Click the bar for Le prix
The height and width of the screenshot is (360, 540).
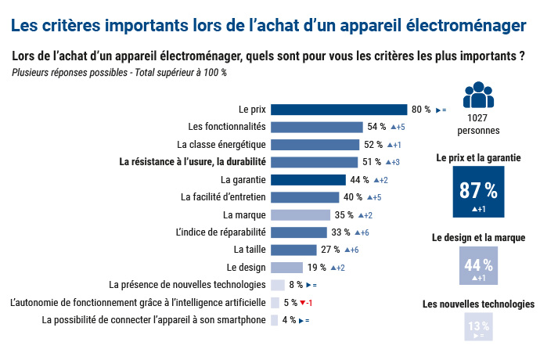point(339,110)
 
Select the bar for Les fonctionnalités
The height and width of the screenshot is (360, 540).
point(317,127)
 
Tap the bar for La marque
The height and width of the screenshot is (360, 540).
point(300,215)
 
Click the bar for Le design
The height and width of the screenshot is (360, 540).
point(286,268)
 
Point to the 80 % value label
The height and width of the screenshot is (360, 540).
point(421,110)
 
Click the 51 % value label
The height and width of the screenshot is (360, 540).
point(373,162)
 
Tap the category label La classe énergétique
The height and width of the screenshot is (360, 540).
point(221,145)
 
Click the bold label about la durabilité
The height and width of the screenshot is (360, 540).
point(193,162)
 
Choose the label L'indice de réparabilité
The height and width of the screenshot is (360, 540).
point(221,232)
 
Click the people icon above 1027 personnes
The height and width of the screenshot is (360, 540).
point(478,95)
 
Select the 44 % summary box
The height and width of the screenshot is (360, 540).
point(478,266)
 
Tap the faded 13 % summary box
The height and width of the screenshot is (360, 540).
point(478,329)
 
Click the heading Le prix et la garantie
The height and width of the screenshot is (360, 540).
point(478,158)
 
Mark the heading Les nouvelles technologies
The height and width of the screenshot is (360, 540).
point(478,304)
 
